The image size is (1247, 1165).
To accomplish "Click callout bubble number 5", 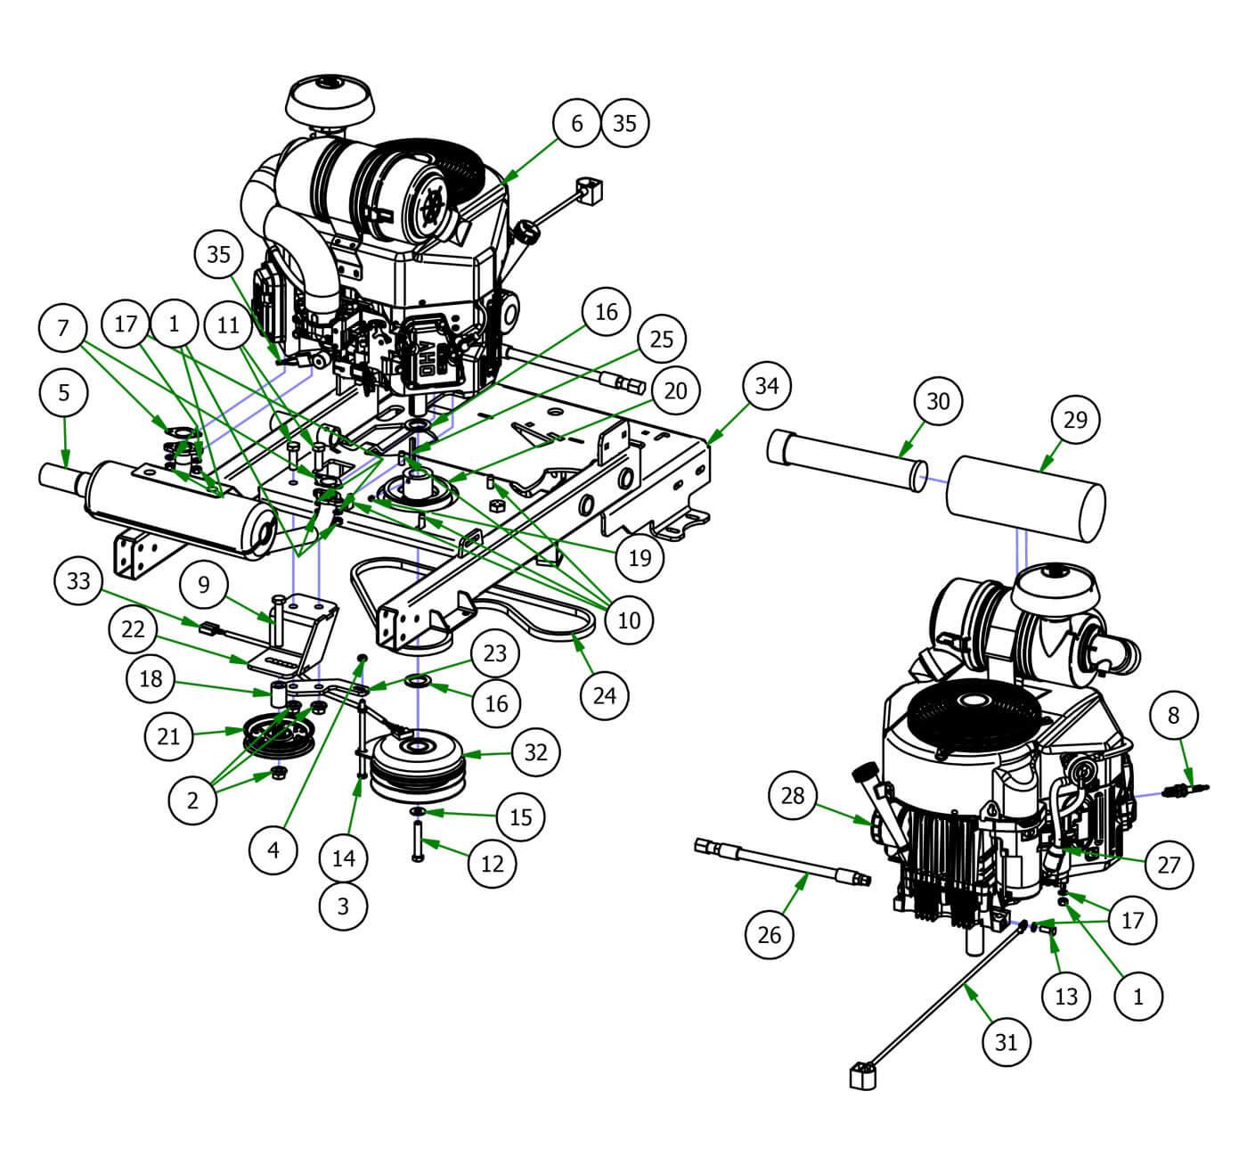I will pyautogui.click(x=63, y=391).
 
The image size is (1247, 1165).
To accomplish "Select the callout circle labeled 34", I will pyautogui.click(x=766, y=385).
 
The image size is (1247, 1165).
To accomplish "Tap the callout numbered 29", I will pyautogui.click(x=1075, y=418).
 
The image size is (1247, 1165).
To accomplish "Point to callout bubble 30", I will pyautogui.click(x=938, y=401).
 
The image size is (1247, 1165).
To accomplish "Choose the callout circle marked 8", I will pyautogui.click(x=1173, y=714).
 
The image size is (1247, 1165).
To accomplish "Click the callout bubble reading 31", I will pyautogui.click(x=1006, y=1041).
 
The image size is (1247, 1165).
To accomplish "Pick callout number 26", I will pyautogui.click(x=769, y=933).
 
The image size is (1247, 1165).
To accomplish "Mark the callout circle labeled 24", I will pyautogui.click(x=604, y=694).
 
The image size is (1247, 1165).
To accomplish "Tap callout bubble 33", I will pyautogui.click(x=78, y=581).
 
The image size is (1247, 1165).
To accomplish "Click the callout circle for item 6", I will pyautogui.click(x=576, y=123).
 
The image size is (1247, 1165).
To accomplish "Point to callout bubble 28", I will pyautogui.click(x=793, y=795).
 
